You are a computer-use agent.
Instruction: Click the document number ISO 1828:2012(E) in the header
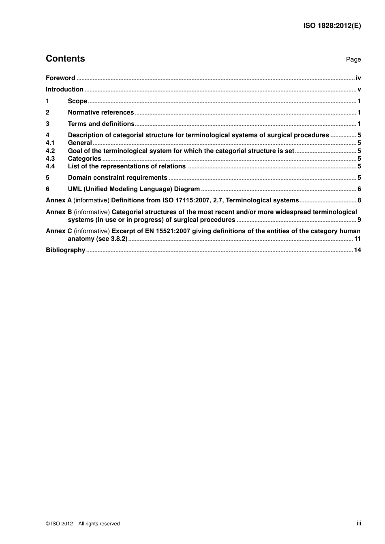pos(332,25)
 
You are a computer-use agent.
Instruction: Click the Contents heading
pos(65,59)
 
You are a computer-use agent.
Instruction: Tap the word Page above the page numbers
pos(353,59)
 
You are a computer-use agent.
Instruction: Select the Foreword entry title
pos(60,78)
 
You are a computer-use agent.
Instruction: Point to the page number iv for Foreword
pos(358,78)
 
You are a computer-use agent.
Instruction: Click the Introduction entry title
pos(64,89)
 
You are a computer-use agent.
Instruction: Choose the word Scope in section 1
pos(77,101)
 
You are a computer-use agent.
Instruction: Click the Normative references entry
pos(101,113)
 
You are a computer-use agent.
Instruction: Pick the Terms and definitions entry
pos(101,124)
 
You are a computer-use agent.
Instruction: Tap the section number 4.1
pos(50,143)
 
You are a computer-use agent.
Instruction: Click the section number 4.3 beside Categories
pos(50,159)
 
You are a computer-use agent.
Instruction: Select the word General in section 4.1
pos(80,143)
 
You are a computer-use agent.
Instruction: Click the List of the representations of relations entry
pos(126,166)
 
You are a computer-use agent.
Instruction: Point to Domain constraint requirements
pos(118,178)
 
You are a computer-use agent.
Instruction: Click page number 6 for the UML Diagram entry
pos(359,189)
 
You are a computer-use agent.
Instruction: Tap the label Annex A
pos(59,200)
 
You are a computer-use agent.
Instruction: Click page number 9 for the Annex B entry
pos(359,220)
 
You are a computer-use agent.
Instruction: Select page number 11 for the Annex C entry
pos(357,239)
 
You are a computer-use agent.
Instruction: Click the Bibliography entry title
pos(65,250)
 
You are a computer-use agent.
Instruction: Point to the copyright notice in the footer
pos(83,524)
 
